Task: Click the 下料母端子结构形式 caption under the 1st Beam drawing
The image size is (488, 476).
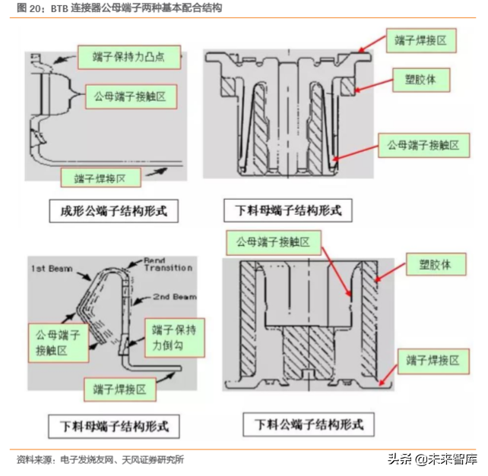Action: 113,424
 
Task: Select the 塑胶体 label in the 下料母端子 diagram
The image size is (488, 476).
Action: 423,78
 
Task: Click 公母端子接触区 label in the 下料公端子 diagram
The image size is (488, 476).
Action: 271,243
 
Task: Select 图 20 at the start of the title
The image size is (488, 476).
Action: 30,8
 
